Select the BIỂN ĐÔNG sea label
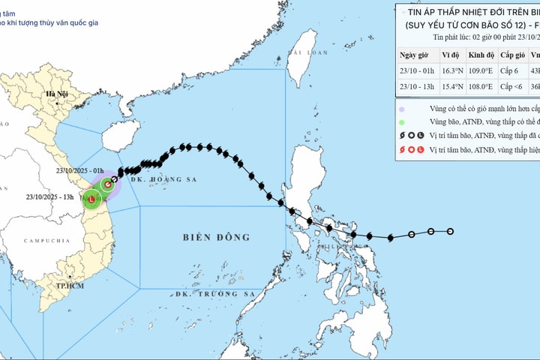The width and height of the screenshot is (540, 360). pos(216,238)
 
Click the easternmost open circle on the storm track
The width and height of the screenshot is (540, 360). pos(450,231)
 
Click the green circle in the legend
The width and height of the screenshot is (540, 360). pos(403,122)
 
